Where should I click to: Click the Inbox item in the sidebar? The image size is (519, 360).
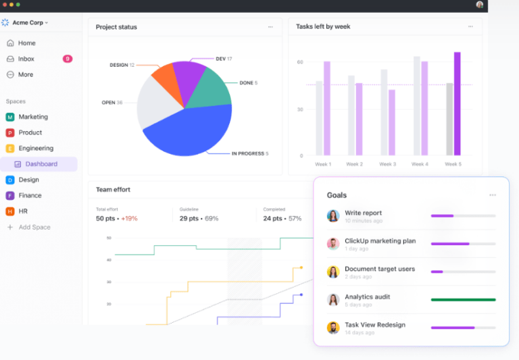pos(26,59)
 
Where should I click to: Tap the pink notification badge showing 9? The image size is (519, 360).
pos(67,59)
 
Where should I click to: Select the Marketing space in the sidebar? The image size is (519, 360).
pos(32,117)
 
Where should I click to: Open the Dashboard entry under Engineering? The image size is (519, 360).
pos(41,164)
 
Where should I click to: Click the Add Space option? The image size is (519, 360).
pos(34,227)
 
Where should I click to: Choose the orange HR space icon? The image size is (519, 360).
pos(10,211)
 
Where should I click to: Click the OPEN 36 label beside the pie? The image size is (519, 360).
pos(112,103)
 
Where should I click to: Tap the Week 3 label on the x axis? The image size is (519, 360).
pos(387,164)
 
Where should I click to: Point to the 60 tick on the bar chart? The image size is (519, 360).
pos(299,62)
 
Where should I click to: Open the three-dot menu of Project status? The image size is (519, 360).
pos(270,27)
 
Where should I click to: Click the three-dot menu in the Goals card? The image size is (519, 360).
pos(493,195)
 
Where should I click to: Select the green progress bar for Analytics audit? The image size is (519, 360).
pos(463,299)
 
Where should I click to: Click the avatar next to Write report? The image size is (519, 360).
pos(333,216)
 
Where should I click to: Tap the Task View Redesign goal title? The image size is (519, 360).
pos(375,324)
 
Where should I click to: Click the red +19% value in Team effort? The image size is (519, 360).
pos(130,219)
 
